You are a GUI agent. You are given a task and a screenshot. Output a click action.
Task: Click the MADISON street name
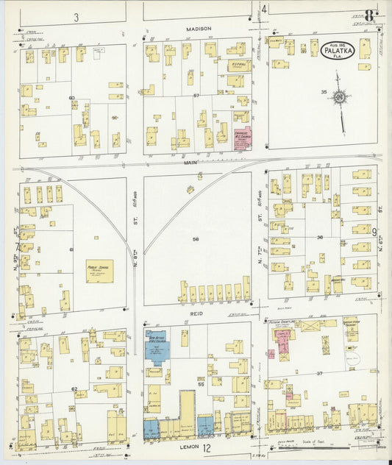coord(199,29)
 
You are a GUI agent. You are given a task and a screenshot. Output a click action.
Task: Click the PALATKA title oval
coord(341,49)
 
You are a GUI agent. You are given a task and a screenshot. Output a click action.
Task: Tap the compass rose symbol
coord(339,96)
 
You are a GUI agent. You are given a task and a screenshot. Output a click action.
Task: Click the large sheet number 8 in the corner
coord(370,14)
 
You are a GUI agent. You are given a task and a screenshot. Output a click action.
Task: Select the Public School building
coord(99,271)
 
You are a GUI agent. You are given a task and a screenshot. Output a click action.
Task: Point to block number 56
coord(196,239)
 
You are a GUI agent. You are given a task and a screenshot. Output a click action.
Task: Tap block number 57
coord(196,96)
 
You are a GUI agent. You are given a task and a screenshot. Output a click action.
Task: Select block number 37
coord(320,375)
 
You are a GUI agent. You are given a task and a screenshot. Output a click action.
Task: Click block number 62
coord(74,388)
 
